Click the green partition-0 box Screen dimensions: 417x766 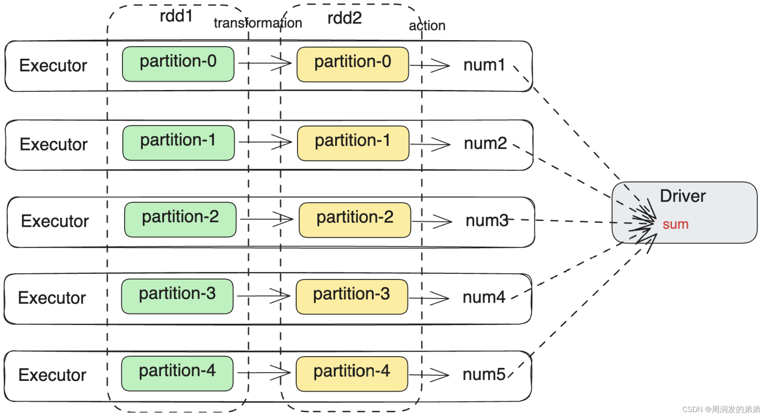tap(178, 64)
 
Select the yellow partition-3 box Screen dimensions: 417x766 tap(352, 297)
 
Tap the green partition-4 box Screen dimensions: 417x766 tap(177, 374)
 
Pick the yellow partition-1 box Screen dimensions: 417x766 tap(353, 143)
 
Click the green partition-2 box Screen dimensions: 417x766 tap(180, 219)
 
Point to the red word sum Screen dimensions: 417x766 tap(676, 224)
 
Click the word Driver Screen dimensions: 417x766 tap(683, 196)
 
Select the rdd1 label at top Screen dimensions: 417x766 tap(176, 16)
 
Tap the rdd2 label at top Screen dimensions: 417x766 tap(344, 18)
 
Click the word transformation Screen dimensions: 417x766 tap(258, 23)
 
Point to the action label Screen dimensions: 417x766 tap(427, 26)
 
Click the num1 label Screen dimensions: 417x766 tap(484, 65)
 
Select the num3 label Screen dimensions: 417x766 tap(486, 221)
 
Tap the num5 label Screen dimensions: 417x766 tap(484, 374)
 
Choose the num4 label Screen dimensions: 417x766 tap(484, 297)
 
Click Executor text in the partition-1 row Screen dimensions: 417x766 tap(54, 144)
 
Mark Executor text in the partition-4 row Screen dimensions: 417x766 tap(52, 375)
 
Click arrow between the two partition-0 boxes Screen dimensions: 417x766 tap(265, 63)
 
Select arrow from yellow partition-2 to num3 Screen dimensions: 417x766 tap(432, 221)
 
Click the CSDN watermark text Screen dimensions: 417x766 tap(721, 409)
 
